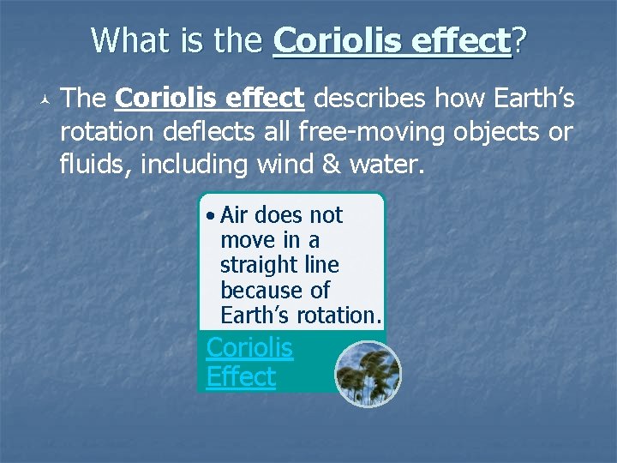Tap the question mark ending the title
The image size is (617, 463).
click(x=519, y=40)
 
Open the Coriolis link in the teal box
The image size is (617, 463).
click(x=249, y=348)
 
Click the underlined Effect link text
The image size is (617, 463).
click(x=241, y=376)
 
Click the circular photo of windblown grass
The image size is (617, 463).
click(x=367, y=374)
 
